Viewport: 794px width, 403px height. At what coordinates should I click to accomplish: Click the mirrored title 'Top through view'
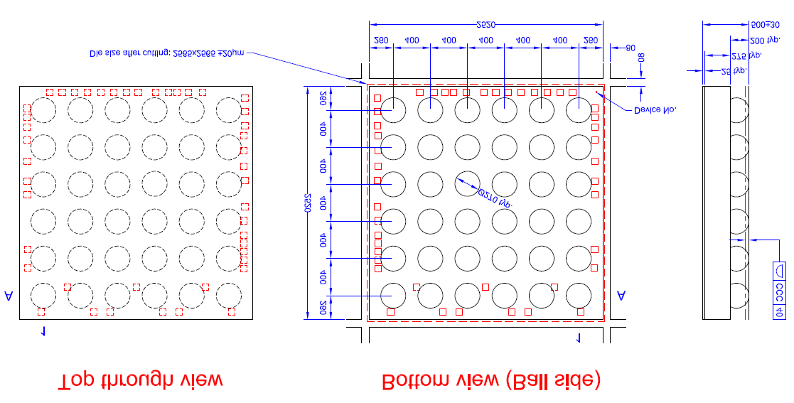140,382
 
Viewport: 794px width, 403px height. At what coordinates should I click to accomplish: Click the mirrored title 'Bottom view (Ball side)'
491,382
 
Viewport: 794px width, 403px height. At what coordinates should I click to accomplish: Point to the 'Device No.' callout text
655,109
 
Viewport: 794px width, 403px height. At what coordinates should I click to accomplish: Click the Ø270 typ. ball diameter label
495,197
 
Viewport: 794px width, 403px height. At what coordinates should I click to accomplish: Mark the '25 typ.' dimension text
735,71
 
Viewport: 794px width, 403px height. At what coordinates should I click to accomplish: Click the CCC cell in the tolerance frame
779,292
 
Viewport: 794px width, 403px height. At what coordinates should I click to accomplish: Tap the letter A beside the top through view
9,295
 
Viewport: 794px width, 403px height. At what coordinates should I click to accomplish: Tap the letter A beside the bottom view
622,295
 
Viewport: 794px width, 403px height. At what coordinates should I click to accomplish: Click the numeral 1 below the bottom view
578,338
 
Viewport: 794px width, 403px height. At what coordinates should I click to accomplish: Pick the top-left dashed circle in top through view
43,110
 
